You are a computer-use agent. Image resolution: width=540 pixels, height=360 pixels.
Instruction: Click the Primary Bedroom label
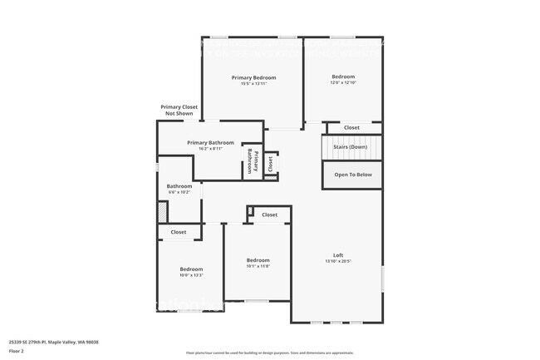[x=253, y=77]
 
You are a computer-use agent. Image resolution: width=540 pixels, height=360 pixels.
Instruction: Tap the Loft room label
[x=338, y=254]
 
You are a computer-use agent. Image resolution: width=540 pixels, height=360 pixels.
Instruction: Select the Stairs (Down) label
[x=351, y=147]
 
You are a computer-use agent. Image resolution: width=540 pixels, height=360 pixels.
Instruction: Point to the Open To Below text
[x=353, y=175]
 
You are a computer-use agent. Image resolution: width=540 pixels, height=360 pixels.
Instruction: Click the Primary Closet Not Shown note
[x=179, y=110]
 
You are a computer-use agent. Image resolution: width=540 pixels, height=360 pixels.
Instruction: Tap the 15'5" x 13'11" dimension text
[x=253, y=84]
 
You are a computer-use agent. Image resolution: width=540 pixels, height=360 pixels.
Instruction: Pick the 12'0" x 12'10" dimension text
[x=343, y=83]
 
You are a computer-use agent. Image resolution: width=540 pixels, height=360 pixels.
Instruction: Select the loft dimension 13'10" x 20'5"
[x=338, y=261]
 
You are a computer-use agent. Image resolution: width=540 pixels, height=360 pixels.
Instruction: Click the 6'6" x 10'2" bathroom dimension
[x=179, y=192]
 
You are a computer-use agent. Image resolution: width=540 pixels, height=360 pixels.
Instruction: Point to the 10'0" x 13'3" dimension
[x=191, y=275]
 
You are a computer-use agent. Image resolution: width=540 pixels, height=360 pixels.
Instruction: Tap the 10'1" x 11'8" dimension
[x=258, y=267]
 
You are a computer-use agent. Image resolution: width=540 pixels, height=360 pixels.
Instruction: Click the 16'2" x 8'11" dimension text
[x=210, y=149]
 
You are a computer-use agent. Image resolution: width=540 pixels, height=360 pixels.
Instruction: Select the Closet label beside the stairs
[x=352, y=127]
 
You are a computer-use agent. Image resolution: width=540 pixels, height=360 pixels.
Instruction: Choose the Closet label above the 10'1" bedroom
[x=269, y=215]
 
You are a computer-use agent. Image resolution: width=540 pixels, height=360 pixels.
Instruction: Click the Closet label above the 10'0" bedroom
[x=179, y=232]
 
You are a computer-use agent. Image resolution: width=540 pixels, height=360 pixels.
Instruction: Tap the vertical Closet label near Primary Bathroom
[x=270, y=163]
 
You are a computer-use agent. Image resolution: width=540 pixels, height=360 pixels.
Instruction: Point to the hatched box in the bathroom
[x=163, y=211]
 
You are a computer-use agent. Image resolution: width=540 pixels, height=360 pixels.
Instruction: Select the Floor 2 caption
[x=17, y=350]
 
